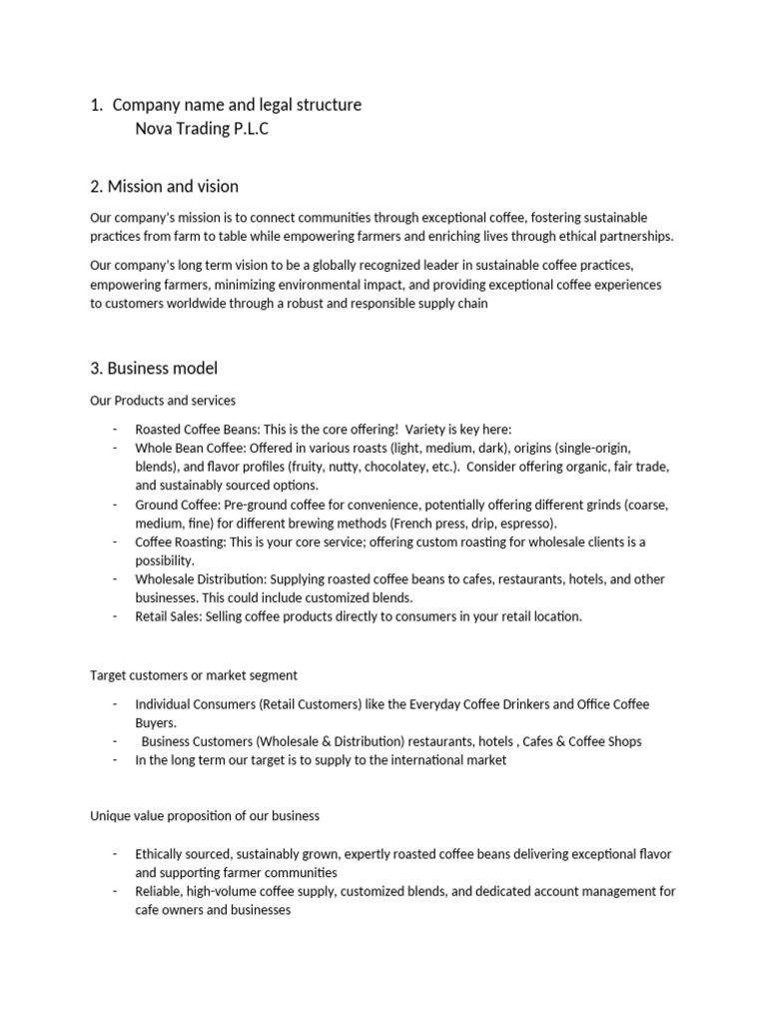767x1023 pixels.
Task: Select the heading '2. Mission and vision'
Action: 165,187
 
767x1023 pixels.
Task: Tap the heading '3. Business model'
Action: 154,369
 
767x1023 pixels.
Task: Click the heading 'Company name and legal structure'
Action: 237,105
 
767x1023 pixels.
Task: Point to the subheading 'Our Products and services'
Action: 163,401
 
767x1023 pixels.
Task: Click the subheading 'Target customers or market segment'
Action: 194,676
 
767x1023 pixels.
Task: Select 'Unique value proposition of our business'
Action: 205,815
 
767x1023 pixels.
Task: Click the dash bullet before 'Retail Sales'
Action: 116,616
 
